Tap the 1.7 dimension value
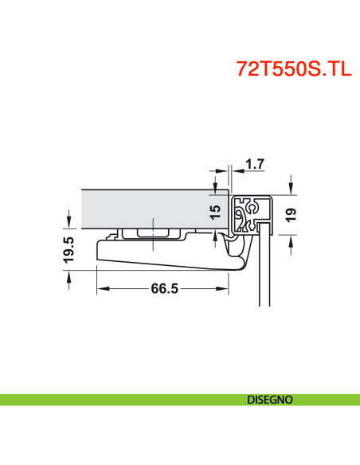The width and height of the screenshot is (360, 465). [x=255, y=166]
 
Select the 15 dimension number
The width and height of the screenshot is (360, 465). [x=214, y=213]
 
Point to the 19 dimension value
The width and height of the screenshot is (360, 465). [x=292, y=213]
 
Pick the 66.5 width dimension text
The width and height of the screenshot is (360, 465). [x=163, y=289]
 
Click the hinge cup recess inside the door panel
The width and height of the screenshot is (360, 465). [x=151, y=232]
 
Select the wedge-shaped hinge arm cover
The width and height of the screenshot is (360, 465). [x=159, y=256]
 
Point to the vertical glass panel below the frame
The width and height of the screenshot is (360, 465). [x=266, y=271]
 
